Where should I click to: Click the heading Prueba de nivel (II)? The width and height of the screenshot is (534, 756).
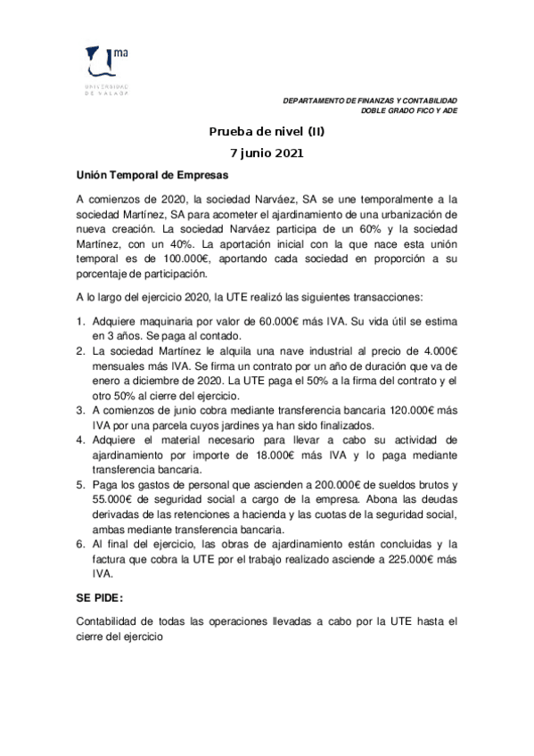267,132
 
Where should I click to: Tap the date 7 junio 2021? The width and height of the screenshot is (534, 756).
267,152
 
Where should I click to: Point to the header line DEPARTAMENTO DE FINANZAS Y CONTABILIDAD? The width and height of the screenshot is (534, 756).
369,100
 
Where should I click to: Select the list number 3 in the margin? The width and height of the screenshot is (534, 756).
79,411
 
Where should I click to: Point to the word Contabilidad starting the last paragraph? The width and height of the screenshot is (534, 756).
109,620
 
